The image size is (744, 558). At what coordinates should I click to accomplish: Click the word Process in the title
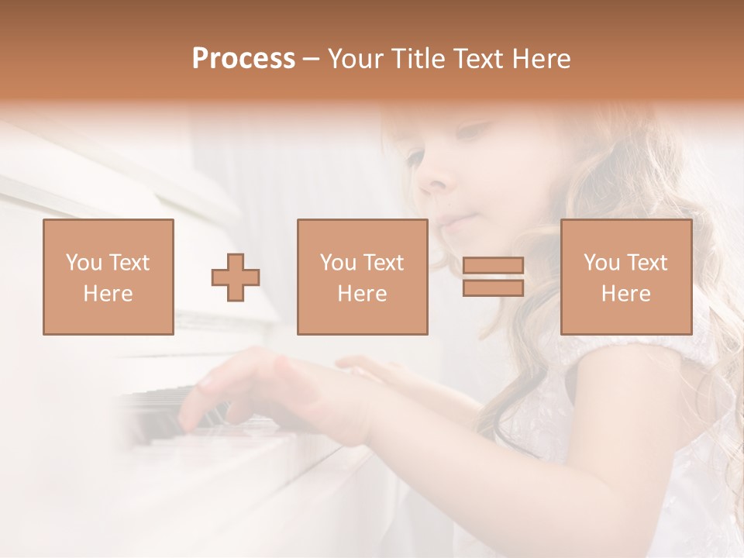[x=243, y=59]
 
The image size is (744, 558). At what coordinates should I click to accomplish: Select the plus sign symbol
[x=236, y=277]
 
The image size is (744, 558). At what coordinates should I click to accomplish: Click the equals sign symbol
[x=493, y=277]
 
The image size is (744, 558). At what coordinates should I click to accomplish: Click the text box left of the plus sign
[x=108, y=277]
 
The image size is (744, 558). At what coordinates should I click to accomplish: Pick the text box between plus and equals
[x=362, y=277]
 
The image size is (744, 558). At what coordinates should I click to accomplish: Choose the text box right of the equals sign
[x=625, y=277]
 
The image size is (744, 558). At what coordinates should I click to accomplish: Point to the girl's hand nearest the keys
[x=232, y=387]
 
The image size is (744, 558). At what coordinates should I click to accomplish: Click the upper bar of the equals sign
[x=493, y=266]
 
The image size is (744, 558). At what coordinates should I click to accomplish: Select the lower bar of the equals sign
[x=493, y=288]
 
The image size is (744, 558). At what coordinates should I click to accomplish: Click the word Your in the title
[x=357, y=59]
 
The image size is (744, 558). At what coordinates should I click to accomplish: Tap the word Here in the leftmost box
[x=108, y=294]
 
